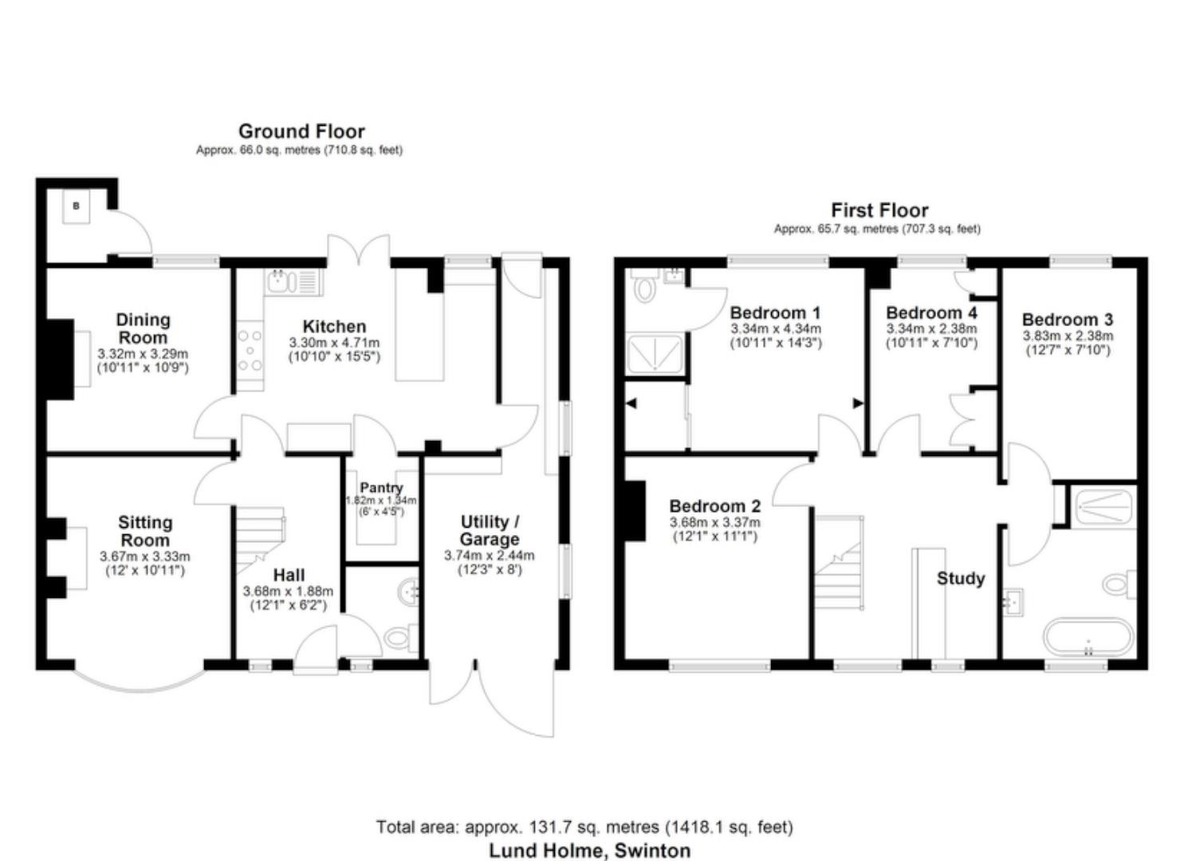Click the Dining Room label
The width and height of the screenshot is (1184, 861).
pos(144,328)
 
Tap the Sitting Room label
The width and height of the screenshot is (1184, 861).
pos(144,531)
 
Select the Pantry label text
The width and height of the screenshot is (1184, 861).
pos(381,487)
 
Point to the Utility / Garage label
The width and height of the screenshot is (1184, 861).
pos(490,530)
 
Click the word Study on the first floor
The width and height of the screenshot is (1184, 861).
pos(960,578)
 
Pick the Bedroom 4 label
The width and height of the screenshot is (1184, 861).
pos(931,313)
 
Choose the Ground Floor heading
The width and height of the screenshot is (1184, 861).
pos(301,132)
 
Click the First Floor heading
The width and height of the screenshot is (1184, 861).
pos(879,210)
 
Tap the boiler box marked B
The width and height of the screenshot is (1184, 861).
pos(77,206)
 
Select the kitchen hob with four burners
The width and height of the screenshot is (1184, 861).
pos(250,351)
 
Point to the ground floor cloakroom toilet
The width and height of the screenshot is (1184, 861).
pos(399,636)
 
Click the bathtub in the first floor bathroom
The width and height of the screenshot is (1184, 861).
pos(1088,637)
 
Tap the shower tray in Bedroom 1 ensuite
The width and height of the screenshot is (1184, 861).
pos(655,354)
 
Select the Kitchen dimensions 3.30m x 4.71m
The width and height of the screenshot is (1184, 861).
pos(334,343)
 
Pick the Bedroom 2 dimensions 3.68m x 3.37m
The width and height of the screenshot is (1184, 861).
pos(714,523)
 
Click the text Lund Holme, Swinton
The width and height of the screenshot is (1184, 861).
pos(589,851)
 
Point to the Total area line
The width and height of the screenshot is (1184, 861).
pos(584,827)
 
